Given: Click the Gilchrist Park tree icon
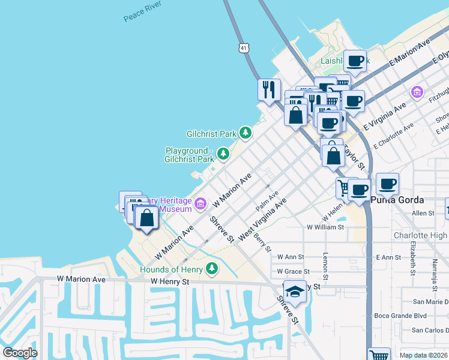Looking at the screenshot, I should click(245, 132).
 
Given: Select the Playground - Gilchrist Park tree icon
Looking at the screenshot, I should click(223, 154).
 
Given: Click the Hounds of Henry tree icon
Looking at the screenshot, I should click(211, 268).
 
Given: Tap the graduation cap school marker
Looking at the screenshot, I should click(295, 292).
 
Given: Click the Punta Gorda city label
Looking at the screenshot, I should click(397, 200).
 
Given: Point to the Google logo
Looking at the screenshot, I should click(20, 353).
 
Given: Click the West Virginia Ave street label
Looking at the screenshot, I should click(262, 221).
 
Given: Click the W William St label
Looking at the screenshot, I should click(325, 227).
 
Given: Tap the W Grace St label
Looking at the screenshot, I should click(293, 271).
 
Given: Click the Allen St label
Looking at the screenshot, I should click(423, 213).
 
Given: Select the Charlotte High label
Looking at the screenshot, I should click(421, 236).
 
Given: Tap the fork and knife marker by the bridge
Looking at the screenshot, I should click(269, 89).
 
